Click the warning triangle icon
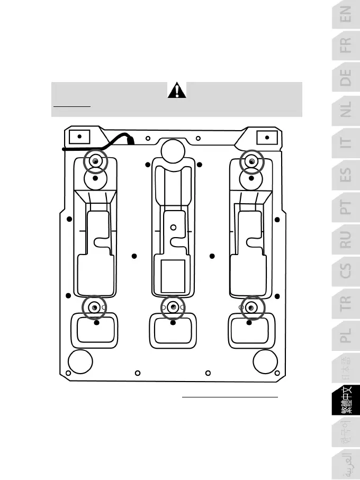tap(177, 91)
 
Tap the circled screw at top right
tap(252, 161)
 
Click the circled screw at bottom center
tap(173, 307)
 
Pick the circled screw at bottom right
tap(252, 307)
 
